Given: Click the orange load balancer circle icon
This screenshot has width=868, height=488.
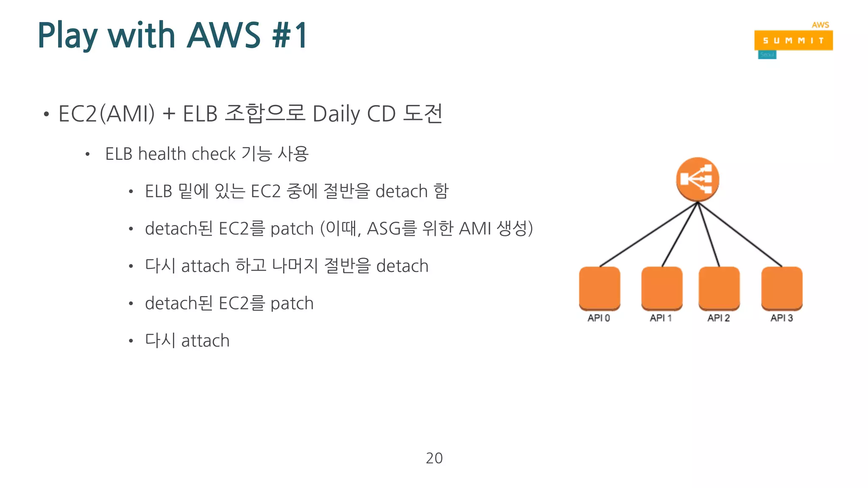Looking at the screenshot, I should click(x=697, y=180).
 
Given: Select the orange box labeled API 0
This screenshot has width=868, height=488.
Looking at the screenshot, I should click(x=599, y=288).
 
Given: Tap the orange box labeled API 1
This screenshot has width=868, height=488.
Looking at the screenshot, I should click(x=662, y=288).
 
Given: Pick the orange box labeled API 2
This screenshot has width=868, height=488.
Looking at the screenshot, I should click(x=719, y=288).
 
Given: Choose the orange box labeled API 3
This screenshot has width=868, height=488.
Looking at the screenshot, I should click(x=782, y=288).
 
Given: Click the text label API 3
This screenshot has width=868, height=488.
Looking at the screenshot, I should click(x=781, y=318).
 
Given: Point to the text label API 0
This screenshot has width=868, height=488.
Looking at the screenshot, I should click(x=598, y=318).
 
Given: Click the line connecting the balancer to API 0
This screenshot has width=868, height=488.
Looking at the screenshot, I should click(x=648, y=234).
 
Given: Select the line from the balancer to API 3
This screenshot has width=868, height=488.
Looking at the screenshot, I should click(x=740, y=234).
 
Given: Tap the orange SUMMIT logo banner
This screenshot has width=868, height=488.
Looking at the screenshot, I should click(x=793, y=41).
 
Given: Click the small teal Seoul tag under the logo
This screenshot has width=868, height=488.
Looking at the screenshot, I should click(x=767, y=55).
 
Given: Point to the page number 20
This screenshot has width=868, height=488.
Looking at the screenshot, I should click(x=434, y=458).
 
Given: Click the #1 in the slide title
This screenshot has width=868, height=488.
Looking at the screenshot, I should click(x=290, y=36).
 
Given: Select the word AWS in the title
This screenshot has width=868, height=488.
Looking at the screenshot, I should click(x=223, y=36).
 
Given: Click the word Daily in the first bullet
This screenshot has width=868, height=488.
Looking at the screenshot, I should click(x=336, y=114).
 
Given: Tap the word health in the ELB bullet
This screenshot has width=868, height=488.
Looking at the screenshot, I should click(x=162, y=154).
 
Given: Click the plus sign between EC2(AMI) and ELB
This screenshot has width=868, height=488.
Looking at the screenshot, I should click(x=169, y=114).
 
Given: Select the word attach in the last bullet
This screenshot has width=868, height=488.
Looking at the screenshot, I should click(x=205, y=341).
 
